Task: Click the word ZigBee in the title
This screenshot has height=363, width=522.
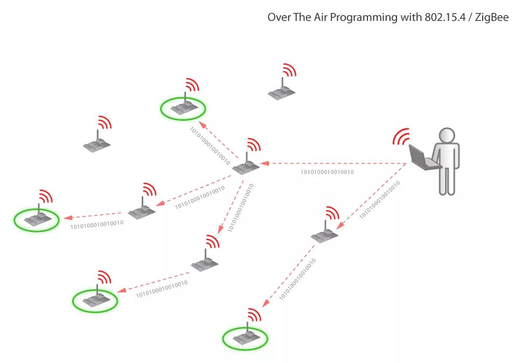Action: tap(492, 17)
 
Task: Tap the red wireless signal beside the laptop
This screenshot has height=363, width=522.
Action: tap(401, 137)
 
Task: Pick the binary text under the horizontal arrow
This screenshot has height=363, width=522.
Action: tap(327, 172)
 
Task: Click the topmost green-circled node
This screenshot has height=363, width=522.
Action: tap(183, 108)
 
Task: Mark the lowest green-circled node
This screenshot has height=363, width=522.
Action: tap(245, 338)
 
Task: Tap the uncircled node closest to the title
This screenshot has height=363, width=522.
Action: tap(282, 92)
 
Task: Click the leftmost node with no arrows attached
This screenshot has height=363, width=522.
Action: tap(97, 144)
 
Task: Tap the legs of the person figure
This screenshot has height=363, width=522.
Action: tap(447, 181)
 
